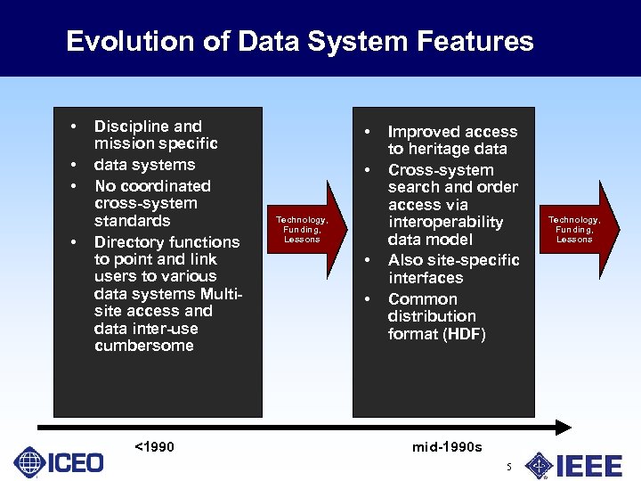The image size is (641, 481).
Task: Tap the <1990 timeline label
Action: (x=153, y=446)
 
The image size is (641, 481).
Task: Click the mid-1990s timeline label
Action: (x=446, y=446)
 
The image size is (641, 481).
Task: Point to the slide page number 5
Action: (x=508, y=467)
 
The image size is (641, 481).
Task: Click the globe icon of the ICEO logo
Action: (x=30, y=462)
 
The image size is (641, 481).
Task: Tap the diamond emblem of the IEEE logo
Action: (x=539, y=465)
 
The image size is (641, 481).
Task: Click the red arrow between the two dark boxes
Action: (x=304, y=228)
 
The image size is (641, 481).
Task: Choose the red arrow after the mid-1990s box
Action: (x=576, y=228)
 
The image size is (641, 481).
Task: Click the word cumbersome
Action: (x=143, y=346)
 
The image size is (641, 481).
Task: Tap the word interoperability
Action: (x=445, y=222)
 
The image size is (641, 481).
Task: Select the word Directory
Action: (x=129, y=242)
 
